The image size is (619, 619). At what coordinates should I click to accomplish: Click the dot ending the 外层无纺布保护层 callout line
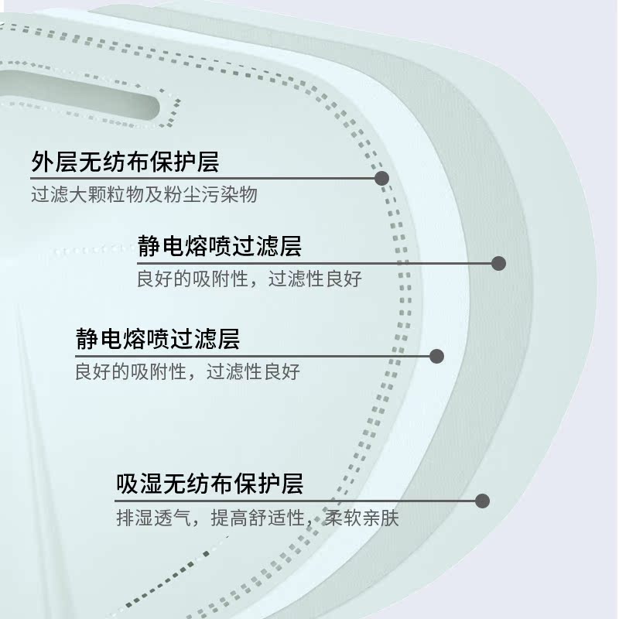pyautogui.click(x=381, y=178)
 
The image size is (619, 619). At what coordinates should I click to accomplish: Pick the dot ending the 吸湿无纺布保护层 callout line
pyautogui.click(x=482, y=501)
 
